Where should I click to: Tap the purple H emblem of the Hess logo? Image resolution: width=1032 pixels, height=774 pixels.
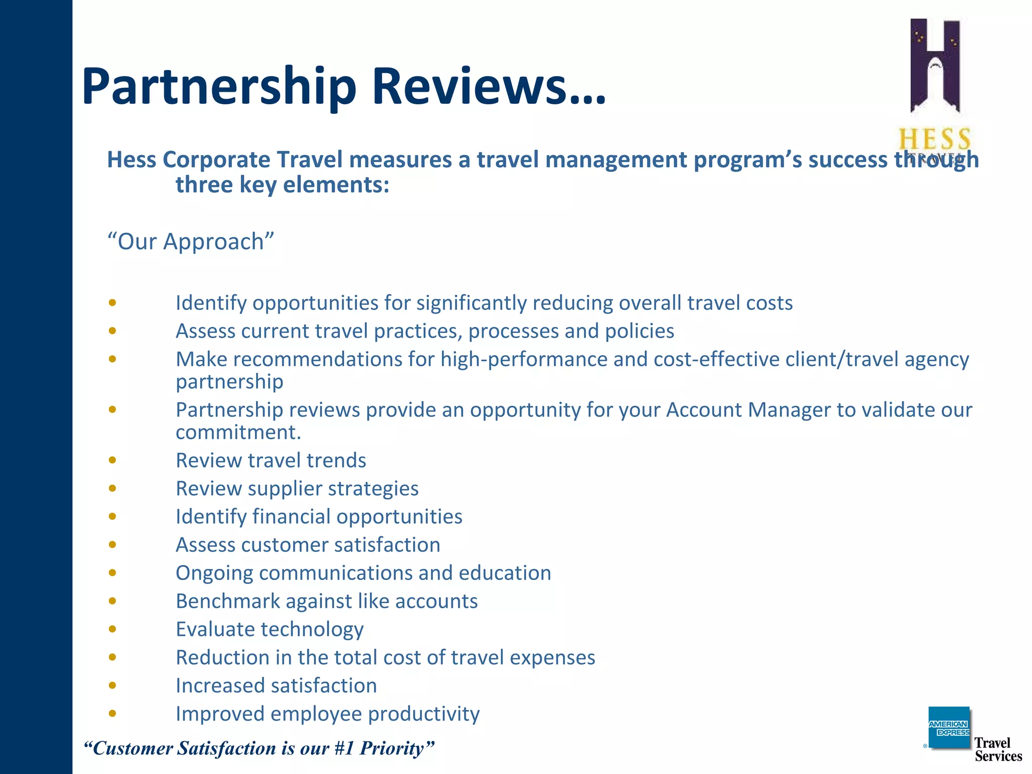935,66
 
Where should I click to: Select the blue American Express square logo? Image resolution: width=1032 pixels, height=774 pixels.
948,728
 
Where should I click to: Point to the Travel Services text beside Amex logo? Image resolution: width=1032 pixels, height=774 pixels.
998,749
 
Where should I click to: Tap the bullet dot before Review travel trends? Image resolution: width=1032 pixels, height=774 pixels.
112,460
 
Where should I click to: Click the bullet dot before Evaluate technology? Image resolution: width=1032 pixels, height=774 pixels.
112,629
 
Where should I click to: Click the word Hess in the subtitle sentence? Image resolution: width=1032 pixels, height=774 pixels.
132,160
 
